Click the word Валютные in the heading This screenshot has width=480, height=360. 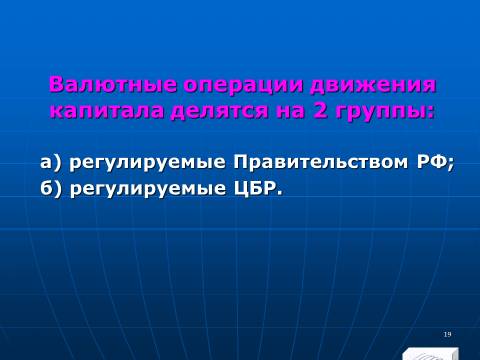(x=113, y=85)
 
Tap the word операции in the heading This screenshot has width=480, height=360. (x=244, y=86)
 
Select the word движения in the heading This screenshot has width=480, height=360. (x=373, y=86)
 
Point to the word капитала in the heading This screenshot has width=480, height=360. (x=107, y=111)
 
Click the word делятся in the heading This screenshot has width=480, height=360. (x=220, y=112)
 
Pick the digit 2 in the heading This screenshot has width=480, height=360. (x=321, y=111)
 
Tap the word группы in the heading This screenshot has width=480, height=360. (x=382, y=112)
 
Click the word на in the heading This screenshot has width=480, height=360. (x=291, y=112)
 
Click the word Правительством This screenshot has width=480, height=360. (x=320, y=162)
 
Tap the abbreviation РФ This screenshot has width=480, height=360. (x=431, y=162)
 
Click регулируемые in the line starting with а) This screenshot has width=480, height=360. (x=148, y=163)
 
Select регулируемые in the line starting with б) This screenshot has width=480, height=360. (x=148, y=189)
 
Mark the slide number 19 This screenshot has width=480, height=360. (x=447, y=334)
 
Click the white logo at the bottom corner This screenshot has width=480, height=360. (x=430, y=354)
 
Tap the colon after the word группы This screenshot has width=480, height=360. (x=432, y=113)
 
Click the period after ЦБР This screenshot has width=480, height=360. (x=279, y=194)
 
